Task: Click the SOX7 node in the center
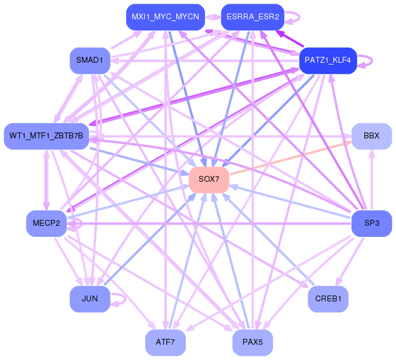coord(209,179)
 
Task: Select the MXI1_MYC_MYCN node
coord(165,17)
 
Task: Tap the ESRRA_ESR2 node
coord(252,17)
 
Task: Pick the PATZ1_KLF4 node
coord(328,60)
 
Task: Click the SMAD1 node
coord(90,60)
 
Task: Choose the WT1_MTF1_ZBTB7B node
coord(46,136)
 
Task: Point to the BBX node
coord(371,136)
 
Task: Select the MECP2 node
coord(46,223)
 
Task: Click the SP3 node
coord(371,223)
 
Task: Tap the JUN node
coord(90,299)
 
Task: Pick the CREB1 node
coord(328,299)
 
